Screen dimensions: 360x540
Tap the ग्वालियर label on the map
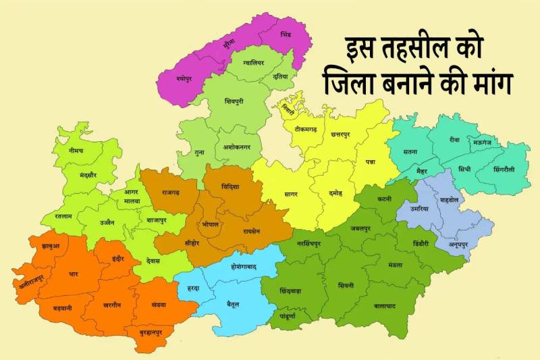point(250,63)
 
